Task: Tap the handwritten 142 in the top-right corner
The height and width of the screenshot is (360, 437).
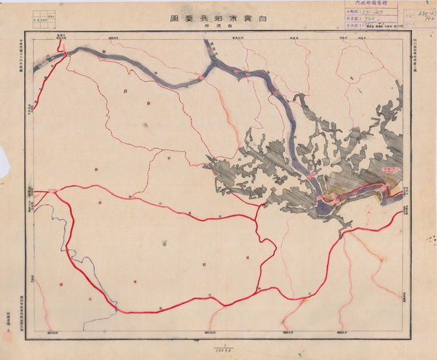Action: click(x=420, y=23)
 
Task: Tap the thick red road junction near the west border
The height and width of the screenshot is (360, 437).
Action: click(x=52, y=192)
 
